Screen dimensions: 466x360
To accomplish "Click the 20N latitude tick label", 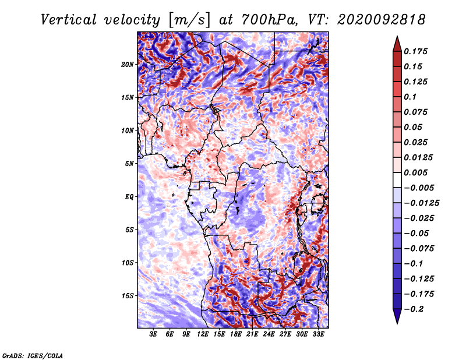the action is coord(128,64).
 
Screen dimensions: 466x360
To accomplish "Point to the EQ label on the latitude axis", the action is coord(129,196).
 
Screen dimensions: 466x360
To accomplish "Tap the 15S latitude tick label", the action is coord(128,296).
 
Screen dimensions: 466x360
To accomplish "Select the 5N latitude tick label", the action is coord(129,164).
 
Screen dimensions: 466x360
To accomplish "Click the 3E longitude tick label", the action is coord(153,334).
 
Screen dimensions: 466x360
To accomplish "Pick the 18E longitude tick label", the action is coord(236,334).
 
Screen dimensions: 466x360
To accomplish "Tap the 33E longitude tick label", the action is coord(318,334).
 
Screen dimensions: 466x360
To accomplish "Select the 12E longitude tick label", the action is coord(203,334).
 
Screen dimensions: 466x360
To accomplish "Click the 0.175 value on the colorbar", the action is coord(415,51).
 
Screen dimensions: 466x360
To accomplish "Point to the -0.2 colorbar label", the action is coord(414,309).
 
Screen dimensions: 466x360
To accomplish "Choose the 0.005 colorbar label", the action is coord(415,172).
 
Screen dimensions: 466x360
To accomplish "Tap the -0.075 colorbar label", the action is coord(419,249).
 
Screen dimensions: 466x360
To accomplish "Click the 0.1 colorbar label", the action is coord(410,97).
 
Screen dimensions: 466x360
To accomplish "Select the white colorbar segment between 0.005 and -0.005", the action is coord(397,180).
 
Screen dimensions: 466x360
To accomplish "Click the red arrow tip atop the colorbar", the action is coord(397,37).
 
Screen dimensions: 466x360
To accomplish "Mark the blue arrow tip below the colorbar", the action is coord(397,323).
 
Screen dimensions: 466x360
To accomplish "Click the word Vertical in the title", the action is coord(69,20).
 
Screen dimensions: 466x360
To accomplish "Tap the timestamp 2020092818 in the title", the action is coord(381,20).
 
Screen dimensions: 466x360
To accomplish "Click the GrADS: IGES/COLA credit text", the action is coord(33,355).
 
